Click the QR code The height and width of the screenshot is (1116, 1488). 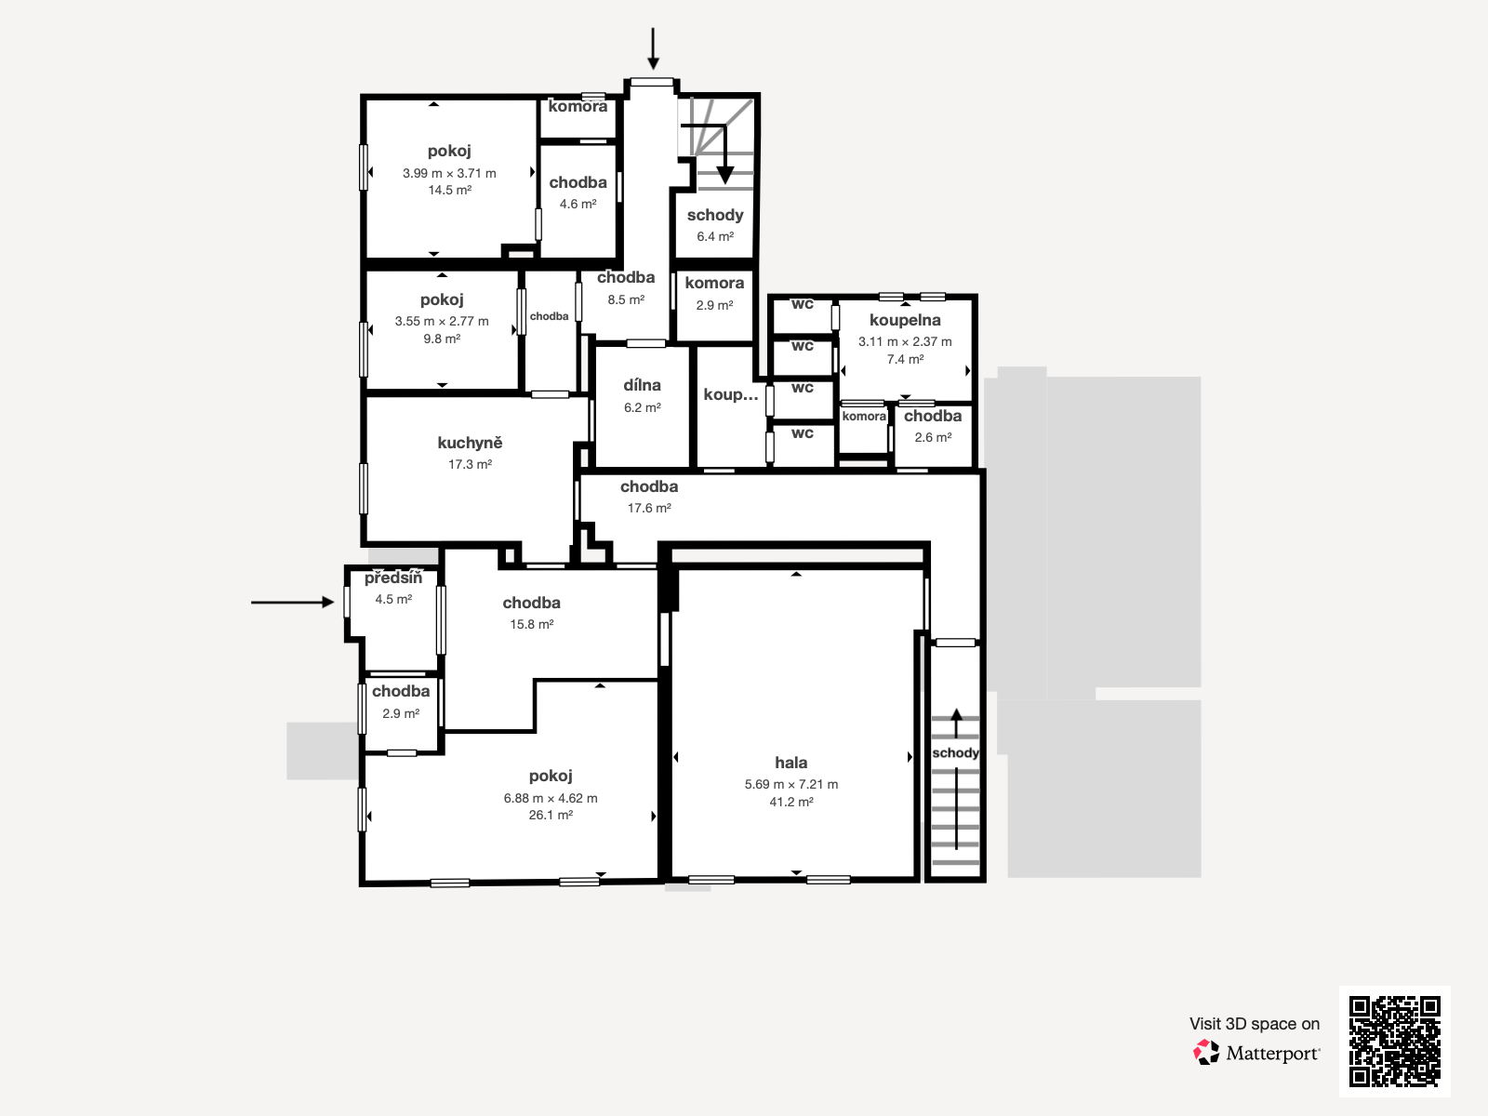click(x=1394, y=1041)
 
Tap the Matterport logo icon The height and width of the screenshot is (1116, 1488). click(x=1206, y=1053)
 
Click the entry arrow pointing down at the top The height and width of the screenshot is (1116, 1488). click(x=653, y=48)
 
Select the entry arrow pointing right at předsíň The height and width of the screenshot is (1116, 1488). click(x=292, y=602)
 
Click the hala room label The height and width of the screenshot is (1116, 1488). click(x=791, y=763)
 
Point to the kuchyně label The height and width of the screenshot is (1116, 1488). click(x=470, y=443)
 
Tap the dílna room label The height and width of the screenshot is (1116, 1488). click(x=642, y=385)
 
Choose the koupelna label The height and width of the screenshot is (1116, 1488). click(x=905, y=320)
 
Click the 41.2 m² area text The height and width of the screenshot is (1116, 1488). click(x=791, y=802)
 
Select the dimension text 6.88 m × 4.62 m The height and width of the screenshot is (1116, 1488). click(x=551, y=798)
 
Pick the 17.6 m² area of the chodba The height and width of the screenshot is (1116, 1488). click(x=649, y=508)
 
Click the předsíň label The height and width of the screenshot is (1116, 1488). click(x=393, y=578)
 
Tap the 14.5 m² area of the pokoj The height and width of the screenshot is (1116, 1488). click(x=449, y=190)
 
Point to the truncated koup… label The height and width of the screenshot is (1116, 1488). click(x=731, y=394)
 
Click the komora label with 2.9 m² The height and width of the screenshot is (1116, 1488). click(x=714, y=283)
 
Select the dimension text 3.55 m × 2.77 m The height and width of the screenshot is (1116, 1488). click(x=442, y=321)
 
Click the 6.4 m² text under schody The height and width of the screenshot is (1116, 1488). click(x=715, y=236)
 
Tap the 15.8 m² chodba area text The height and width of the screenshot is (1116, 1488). click(x=532, y=624)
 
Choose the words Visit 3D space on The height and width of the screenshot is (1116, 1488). click(x=1254, y=1023)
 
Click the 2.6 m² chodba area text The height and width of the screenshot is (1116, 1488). click(x=933, y=437)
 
